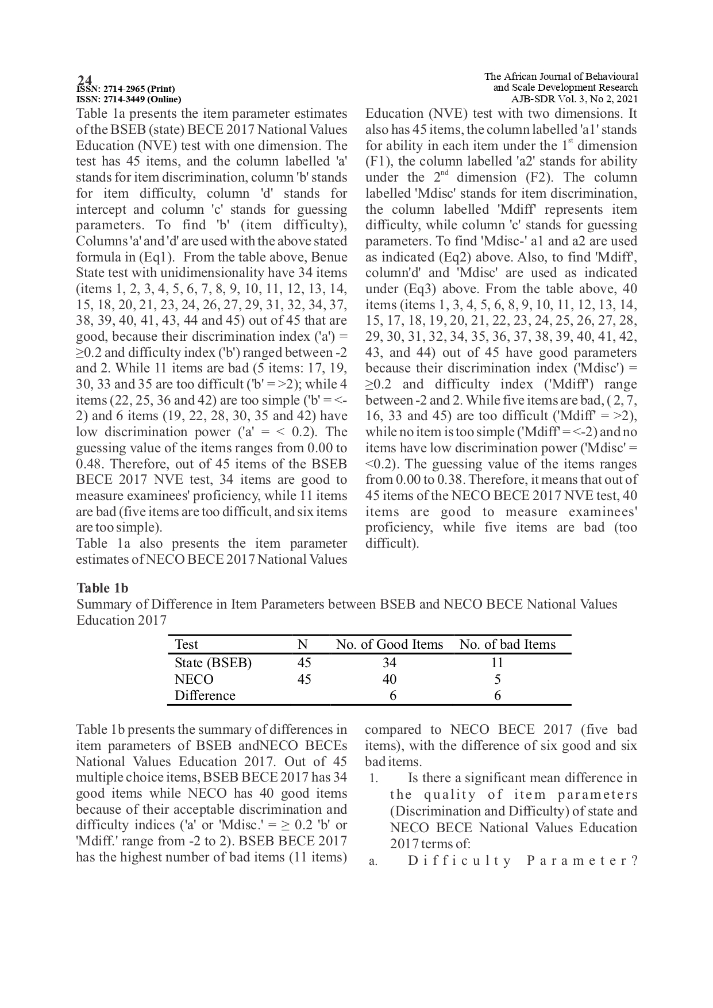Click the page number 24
(84, 80)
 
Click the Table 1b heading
(102, 588)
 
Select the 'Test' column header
(186, 645)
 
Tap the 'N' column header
(303, 645)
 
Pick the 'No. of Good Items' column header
(390, 645)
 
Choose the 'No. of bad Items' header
(507, 645)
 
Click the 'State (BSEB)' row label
(213, 663)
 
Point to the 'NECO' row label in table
(194, 679)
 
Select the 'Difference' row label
(205, 695)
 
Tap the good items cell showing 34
(390, 663)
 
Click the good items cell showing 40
(390, 679)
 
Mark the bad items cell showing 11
(497, 663)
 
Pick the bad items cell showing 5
(497, 679)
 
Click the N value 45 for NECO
(304, 679)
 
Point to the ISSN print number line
(126, 89)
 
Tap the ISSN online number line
(129, 99)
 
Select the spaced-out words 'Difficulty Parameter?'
(523, 861)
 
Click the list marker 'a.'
(373, 861)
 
